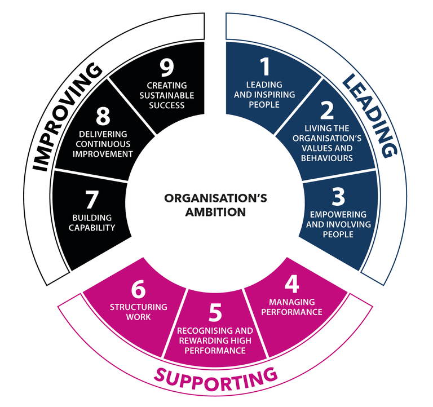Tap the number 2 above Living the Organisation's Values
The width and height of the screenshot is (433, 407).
(x=327, y=110)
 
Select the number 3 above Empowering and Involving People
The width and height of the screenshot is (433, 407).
(x=338, y=197)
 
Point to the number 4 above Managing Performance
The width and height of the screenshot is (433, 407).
(x=292, y=284)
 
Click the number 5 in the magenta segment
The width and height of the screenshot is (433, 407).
(x=215, y=312)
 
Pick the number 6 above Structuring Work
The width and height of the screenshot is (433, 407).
(x=138, y=289)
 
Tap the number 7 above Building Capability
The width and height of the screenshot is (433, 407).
(x=92, y=200)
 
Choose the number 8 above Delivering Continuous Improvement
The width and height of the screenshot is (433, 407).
(x=103, y=116)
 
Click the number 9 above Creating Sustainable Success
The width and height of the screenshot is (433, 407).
(x=167, y=68)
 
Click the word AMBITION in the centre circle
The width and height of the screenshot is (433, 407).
(x=216, y=212)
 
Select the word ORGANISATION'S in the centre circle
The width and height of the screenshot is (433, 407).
(x=216, y=198)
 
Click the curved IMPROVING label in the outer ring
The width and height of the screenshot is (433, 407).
(x=67, y=117)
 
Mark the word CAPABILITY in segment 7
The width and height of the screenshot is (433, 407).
(x=92, y=228)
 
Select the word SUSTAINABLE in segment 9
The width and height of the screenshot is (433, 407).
(x=167, y=95)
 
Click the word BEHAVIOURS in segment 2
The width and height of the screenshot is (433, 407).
(x=327, y=158)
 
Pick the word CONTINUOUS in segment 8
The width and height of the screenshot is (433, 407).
(x=103, y=144)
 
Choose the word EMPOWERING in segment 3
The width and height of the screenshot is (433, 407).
(x=338, y=215)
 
